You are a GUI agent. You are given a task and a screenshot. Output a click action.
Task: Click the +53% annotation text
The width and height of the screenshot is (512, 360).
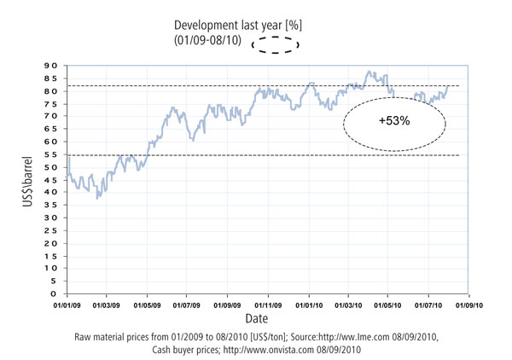pyautogui.click(x=395, y=122)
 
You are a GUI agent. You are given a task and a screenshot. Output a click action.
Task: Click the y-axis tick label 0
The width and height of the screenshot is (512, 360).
pyautogui.click(x=55, y=293)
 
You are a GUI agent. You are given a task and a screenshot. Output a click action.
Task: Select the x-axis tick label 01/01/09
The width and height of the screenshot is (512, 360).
pyautogui.click(x=67, y=304)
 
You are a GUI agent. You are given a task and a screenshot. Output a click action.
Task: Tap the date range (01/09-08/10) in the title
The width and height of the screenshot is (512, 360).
pyautogui.click(x=209, y=42)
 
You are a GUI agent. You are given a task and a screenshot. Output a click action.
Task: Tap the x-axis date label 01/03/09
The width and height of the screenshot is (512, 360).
pyautogui.click(x=107, y=304)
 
